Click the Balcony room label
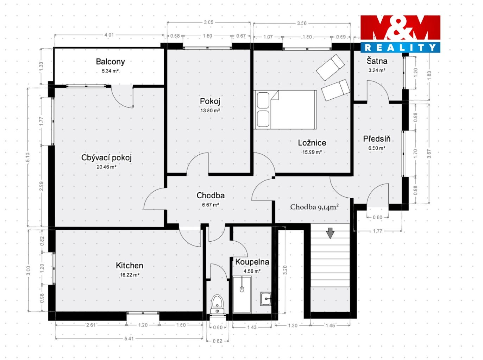click(x=110, y=62)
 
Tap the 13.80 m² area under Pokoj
click(x=210, y=111)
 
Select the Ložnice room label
click(x=312, y=143)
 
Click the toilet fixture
click(x=217, y=304)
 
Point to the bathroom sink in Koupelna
click(x=266, y=299)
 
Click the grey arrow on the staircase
click(x=330, y=233)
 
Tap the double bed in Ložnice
click(x=286, y=110)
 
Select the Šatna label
click(x=377, y=61)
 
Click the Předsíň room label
click(x=377, y=138)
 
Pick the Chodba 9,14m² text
click(x=314, y=207)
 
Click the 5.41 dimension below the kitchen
click(x=129, y=339)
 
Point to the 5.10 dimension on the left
click(x=28, y=157)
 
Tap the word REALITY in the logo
click(x=400, y=48)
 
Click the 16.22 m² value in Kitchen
click(x=130, y=275)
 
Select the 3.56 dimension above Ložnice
click(x=302, y=23)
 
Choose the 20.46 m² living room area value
click(x=106, y=167)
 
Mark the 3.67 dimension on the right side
click(x=429, y=154)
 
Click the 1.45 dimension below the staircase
click(x=330, y=325)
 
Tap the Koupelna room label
click(x=252, y=262)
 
